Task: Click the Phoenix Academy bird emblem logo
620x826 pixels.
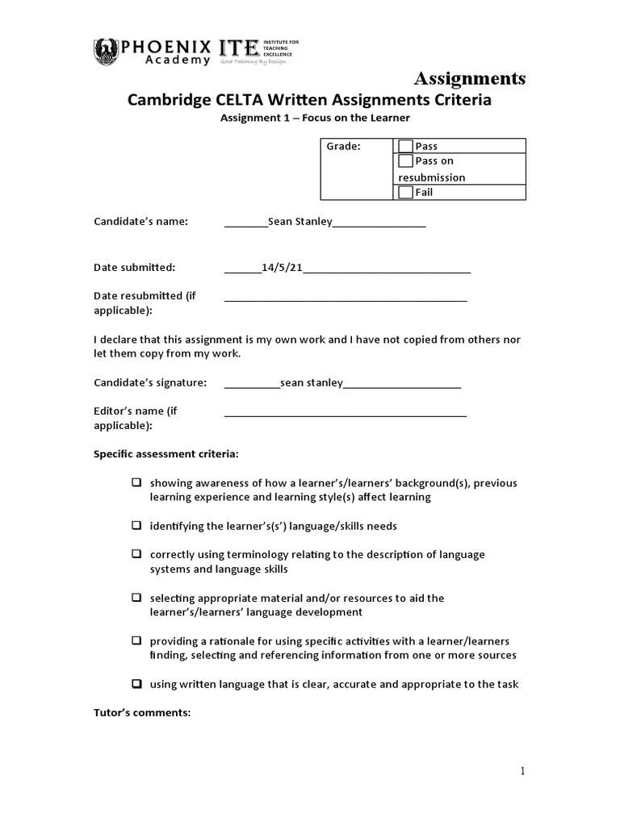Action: [x=107, y=50]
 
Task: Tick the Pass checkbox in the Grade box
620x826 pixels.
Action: [x=406, y=146]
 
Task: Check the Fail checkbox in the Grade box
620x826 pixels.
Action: [x=406, y=192]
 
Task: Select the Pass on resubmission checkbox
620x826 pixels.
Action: [x=406, y=161]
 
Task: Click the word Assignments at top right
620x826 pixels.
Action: [x=470, y=78]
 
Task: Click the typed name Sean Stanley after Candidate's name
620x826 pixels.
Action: [x=300, y=222]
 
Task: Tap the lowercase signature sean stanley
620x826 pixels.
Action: [x=312, y=382]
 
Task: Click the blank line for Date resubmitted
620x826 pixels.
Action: [x=346, y=299]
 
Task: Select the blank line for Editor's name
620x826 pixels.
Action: [x=346, y=415]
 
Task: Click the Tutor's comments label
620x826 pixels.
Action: [x=141, y=712]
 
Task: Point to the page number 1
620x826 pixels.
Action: [x=523, y=771]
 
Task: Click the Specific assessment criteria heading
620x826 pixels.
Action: [x=165, y=453]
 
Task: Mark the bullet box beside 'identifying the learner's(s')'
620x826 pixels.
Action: [x=137, y=526]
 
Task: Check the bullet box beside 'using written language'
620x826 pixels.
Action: [x=137, y=684]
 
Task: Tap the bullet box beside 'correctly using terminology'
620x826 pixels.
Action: [x=137, y=555]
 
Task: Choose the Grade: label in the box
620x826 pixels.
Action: [x=343, y=146]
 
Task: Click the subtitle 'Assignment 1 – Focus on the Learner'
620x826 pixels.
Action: [x=316, y=118]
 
